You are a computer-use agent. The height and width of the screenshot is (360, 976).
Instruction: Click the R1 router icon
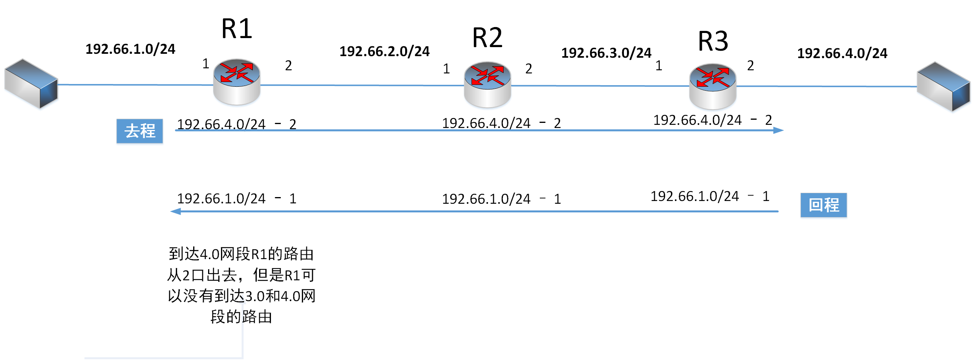tap(236, 82)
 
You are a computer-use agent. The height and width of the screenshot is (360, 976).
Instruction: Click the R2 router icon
tap(487, 84)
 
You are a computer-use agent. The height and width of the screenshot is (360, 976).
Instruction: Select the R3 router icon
tap(713, 86)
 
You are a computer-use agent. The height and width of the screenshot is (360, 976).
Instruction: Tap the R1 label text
tap(236, 29)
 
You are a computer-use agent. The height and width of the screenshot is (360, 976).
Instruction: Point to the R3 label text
tap(713, 41)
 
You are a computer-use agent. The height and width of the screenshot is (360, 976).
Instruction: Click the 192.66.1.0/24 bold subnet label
tap(130, 49)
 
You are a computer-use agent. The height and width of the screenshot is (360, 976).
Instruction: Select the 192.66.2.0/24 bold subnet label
tap(384, 51)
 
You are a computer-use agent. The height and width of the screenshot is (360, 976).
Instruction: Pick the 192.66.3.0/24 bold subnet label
tap(606, 53)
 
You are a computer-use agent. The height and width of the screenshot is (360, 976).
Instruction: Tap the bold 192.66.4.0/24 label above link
tap(842, 53)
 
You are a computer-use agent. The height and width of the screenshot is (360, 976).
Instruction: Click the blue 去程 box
tap(140, 131)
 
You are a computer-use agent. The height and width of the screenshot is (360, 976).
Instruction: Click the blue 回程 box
tap(824, 205)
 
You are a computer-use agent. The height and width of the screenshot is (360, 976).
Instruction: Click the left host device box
tap(31, 84)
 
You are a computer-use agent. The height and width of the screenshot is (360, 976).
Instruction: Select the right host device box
tap(943, 86)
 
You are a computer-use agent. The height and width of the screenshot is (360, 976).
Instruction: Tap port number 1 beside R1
tap(206, 64)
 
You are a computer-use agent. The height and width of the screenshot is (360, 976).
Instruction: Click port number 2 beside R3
tap(750, 66)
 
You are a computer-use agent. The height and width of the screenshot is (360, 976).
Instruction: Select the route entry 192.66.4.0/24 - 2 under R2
tap(501, 123)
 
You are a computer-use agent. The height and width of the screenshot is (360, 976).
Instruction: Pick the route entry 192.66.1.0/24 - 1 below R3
tap(710, 196)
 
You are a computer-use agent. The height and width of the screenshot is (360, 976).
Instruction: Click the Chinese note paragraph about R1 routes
tap(241, 285)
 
